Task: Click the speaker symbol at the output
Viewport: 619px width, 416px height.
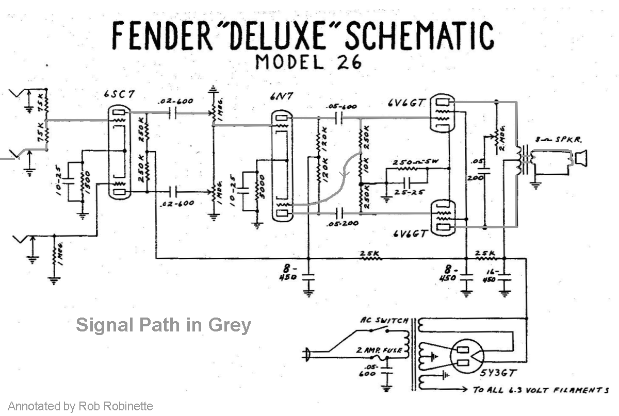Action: point(581,158)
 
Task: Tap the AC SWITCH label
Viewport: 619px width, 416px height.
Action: point(384,320)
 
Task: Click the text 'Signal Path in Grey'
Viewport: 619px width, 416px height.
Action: point(164,325)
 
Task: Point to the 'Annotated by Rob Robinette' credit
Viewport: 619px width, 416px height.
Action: point(80,406)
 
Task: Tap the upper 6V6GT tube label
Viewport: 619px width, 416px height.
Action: point(407,103)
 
